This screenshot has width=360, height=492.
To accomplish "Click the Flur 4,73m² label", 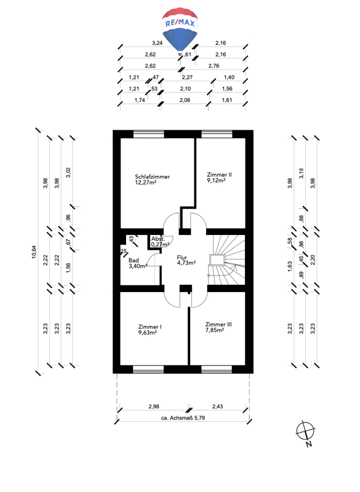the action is pos(186,260).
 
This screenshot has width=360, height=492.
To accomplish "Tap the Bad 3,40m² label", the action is pos(138,263).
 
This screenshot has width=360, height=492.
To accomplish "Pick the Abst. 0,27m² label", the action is pos(160,242).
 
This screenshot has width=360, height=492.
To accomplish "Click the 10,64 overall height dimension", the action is pos(34,252).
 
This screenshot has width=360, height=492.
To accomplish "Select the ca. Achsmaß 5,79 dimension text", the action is pos(183,418).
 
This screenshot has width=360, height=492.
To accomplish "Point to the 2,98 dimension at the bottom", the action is pos(154,407).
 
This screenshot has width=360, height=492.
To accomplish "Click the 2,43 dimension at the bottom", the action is pos(217,407).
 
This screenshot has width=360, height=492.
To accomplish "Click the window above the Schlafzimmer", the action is pos(149,134).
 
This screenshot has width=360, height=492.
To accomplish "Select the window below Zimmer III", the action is pos(217,370).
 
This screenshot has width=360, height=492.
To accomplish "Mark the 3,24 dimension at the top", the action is pos(158,43).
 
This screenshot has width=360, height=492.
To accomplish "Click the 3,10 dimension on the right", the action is pos(301,173).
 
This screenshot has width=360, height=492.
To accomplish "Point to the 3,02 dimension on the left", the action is pos(68,172).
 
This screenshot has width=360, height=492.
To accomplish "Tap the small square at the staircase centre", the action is pos(217,260).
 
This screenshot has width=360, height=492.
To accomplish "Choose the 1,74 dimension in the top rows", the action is pos(140,100).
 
